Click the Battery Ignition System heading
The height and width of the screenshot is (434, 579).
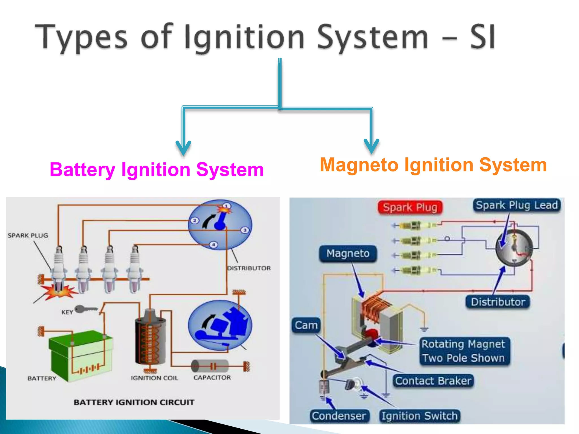click(157, 170)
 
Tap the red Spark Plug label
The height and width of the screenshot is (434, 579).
click(410, 207)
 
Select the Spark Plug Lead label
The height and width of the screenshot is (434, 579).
click(517, 205)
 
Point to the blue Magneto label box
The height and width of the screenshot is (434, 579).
click(348, 253)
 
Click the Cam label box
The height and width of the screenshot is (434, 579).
click(306, 325)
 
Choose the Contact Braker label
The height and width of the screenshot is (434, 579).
click(433, 381)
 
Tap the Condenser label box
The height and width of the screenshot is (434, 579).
click(339, 416)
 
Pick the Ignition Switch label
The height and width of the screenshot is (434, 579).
click(420, 416)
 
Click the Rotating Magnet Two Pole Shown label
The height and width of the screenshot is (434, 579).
click(464, 351)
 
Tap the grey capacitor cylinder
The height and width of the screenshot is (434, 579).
click(210, 366)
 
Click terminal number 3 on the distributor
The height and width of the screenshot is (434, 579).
click(245, 230)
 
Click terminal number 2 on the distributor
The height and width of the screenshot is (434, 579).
click(195, 220)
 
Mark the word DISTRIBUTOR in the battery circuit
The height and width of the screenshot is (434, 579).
click(249, 268)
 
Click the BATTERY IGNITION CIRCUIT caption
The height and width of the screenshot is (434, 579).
click(134, 402)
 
